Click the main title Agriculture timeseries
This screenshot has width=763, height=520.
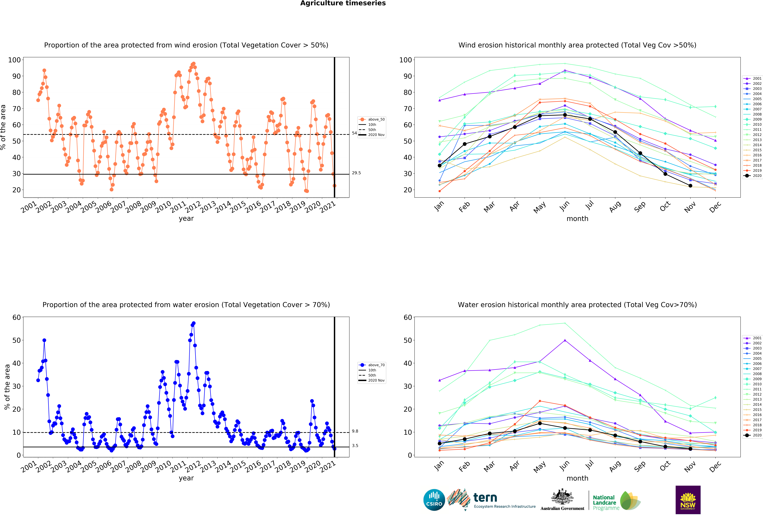pyautogui.click(x=343, y=3)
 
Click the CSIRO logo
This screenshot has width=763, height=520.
pyautogui.click(x=434, y=500)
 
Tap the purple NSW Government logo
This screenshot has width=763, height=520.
pyautogui.click(x=688, y=500)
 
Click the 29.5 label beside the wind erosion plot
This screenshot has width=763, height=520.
pyautogui.click(x=356, y=173)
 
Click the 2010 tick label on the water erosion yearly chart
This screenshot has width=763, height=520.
pyautogui.click(x=163, y=467)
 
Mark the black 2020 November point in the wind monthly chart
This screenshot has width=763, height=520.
pyautogui.click(x=690, y=186)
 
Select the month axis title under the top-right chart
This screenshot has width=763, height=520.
pyautogui.click(x=577, y=219)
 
